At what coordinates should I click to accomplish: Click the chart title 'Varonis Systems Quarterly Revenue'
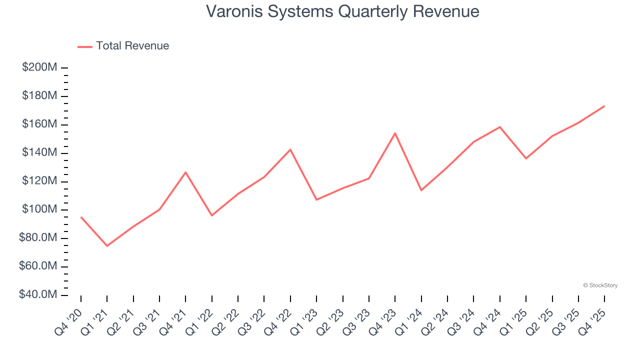pos(342,11)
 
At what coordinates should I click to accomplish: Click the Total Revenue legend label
pos(132,46)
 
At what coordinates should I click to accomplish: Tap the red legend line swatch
pos(85,46)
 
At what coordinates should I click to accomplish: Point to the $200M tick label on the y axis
pos(39,67)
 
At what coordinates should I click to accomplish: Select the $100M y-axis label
pos(39,209)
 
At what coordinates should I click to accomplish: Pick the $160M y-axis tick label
pos(39,124)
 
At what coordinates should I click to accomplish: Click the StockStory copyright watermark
pos(600,285)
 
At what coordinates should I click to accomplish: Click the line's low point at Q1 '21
pos(107,246)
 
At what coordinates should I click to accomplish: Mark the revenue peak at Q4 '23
pos(395,133)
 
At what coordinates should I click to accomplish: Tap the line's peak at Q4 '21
pos(185,172)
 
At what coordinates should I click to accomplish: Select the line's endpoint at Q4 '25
pos(604,106)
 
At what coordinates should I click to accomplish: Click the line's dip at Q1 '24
pos(421,190)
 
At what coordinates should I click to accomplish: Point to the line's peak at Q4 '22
pos(290,149)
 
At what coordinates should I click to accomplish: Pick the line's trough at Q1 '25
pos(526,158)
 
